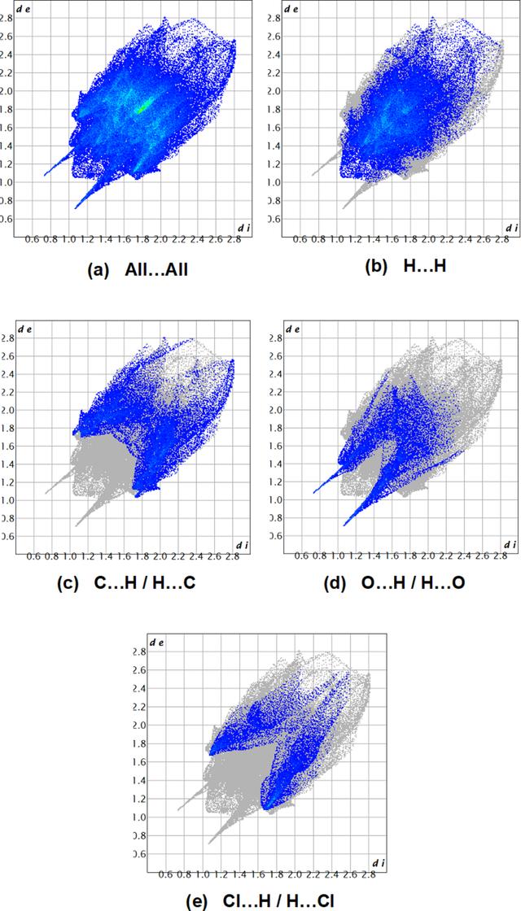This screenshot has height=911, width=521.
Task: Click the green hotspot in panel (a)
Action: coord(142,107)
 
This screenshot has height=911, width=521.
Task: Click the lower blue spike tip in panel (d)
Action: coord(344,525)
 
